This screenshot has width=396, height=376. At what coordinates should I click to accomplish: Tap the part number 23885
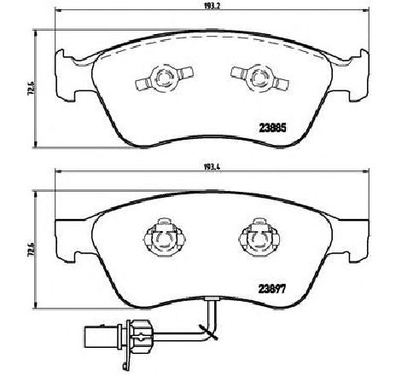(272, 130)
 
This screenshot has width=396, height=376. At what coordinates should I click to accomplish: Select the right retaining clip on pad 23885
(254, 79)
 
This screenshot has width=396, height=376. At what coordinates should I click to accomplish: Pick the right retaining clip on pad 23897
(257, 238)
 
